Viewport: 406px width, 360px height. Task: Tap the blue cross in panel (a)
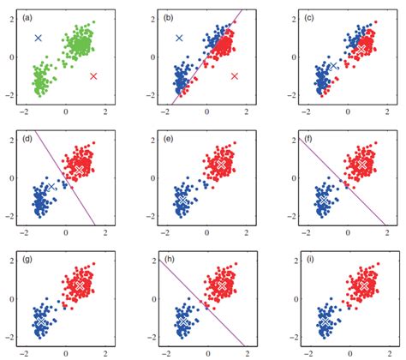coord(39,38)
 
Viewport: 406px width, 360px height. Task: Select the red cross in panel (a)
coord(93,76)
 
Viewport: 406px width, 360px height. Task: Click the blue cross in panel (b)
coord(179,38)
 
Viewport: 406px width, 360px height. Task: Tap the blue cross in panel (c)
coord(332,65)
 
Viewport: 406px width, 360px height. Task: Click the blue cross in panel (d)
coord(51,186)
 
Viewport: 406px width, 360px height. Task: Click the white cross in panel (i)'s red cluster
coord(363,284)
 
